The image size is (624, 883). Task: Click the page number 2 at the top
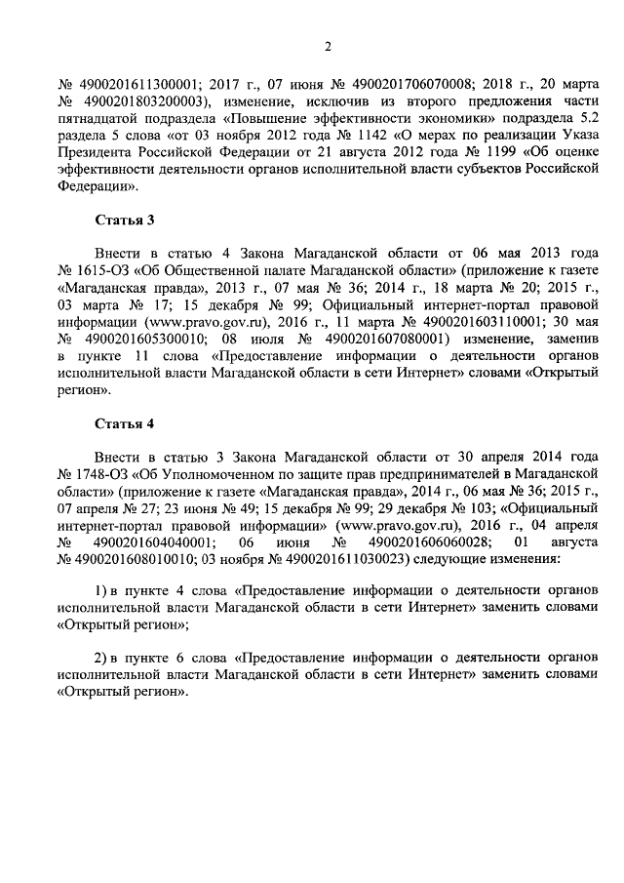328,46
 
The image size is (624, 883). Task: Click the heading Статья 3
124,221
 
